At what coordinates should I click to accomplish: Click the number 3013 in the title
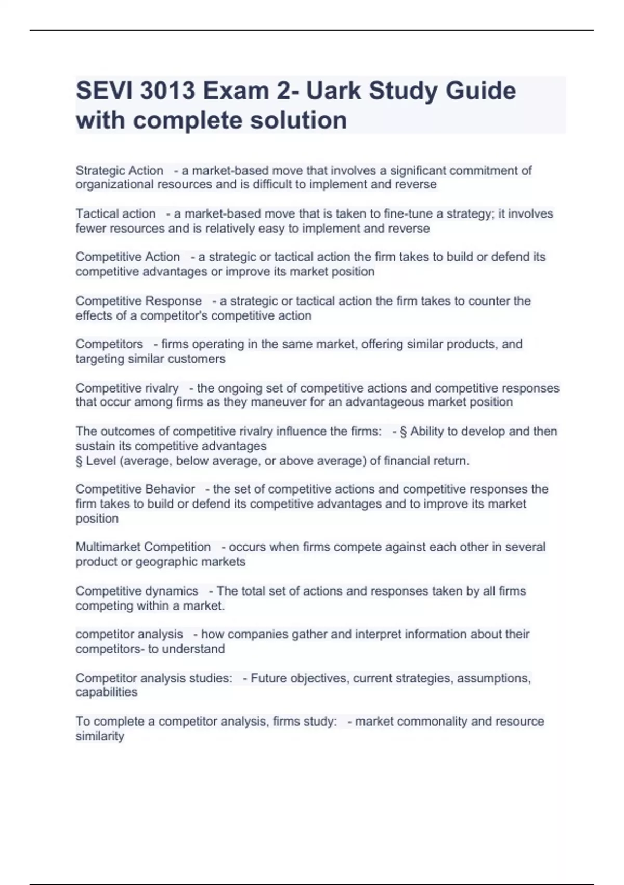point(167,91)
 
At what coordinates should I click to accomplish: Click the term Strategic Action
point(119,171)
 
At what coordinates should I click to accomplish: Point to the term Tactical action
point(115,214)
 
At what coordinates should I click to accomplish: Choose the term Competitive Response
point(138,301)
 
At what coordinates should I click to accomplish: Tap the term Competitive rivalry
point(127,388)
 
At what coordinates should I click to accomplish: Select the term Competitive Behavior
point(135,489)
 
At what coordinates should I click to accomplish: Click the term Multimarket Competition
point(143,547)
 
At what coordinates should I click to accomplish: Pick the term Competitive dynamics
point(137,591)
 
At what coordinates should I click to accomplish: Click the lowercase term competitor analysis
point(129,635)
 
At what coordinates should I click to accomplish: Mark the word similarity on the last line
point(100,737)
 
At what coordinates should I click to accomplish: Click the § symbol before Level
point(79,461)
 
